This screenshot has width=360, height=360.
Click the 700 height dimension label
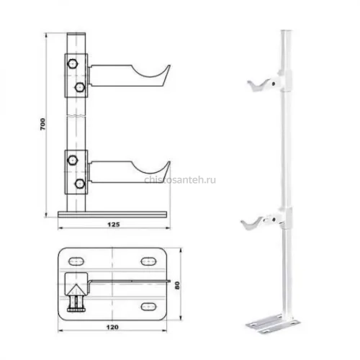(42, 124)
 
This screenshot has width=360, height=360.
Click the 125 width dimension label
(114, 225)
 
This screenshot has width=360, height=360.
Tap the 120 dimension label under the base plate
(112, 327)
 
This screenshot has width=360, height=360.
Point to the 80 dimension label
(177, 285)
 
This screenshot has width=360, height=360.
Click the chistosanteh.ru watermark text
(180, 180)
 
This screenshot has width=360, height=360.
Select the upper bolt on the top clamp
(73, 64)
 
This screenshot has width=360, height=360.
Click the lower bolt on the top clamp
(80, 87)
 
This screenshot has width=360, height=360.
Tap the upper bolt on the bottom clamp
(73, 160)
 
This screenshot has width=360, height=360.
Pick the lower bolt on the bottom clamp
(80, 184)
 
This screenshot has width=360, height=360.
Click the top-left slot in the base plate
(76, 261)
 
